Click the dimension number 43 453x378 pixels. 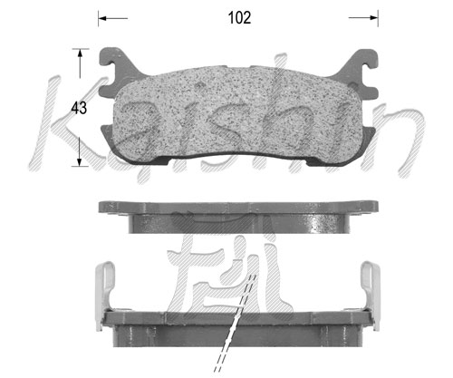pyautogui.click(x=79, y=108)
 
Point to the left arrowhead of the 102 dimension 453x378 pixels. pyautogui.click(x=102, y=17)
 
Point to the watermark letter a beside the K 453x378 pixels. pyautogui.click(x=140, y=127)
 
